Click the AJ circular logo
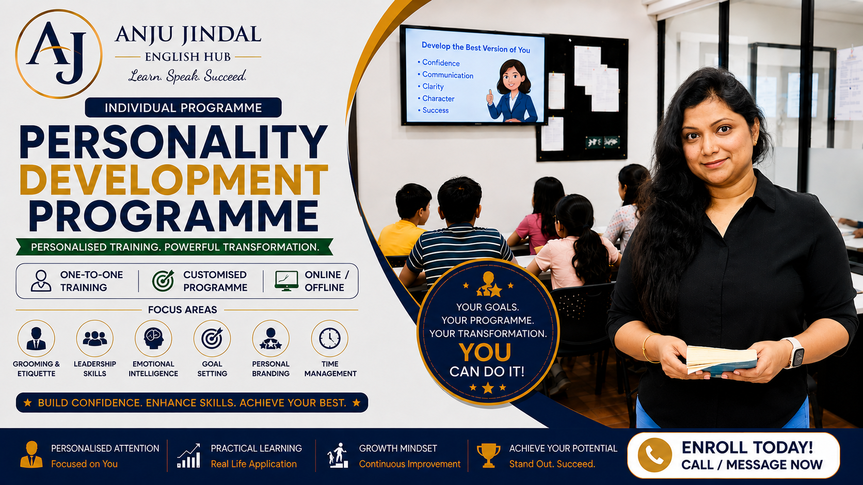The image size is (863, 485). click(x=58, y=54)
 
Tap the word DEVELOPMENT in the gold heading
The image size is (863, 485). click(x=174, y=180)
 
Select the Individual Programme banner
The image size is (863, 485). click(x=183, y=107)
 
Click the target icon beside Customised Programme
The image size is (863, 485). click(x=163, y=281)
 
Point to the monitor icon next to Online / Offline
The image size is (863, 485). click(x=286, y=281)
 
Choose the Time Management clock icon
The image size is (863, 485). click(x=330, y=338)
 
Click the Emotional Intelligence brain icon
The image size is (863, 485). click(x=153, y=338)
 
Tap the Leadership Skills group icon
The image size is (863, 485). click(x=95, y=338)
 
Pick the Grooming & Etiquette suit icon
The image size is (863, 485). click(x=36, y=338)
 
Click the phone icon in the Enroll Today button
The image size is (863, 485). click(x=654, y=455)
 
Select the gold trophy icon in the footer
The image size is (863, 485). click(x=488, y=456)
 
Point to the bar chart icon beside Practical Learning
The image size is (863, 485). click(x=189, y=456)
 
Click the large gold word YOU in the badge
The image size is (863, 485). click(x=485, y=352)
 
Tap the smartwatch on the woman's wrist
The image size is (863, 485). click(x=795, y=352)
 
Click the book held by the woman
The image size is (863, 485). click(x=721, y=360)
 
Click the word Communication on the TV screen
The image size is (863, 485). click(x=448, y=75)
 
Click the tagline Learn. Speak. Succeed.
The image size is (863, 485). click(x=187, y=76)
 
